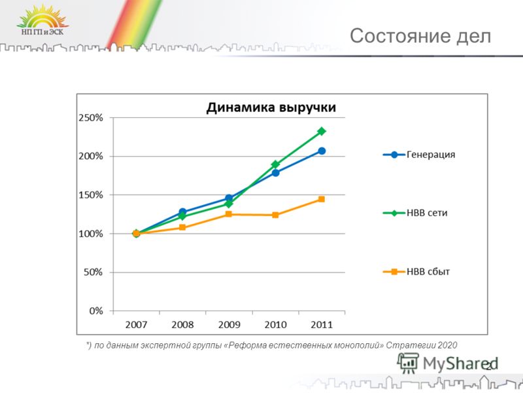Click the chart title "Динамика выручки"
coord(271,107)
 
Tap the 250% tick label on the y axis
coord(91,118)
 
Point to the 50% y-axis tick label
coord(93,272)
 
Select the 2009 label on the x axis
coord(229,324)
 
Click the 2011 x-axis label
coord(322,324)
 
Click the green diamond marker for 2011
coord(322,132)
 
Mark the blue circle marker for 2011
coord(322,151)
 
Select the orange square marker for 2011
coord(322,199)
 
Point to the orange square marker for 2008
coord(182,227)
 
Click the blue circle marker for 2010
coord(275,173)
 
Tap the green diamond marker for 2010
coord(275,164)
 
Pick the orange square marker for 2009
coord(229,214)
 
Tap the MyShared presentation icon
coord(407,364)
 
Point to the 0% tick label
coord(96,311)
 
